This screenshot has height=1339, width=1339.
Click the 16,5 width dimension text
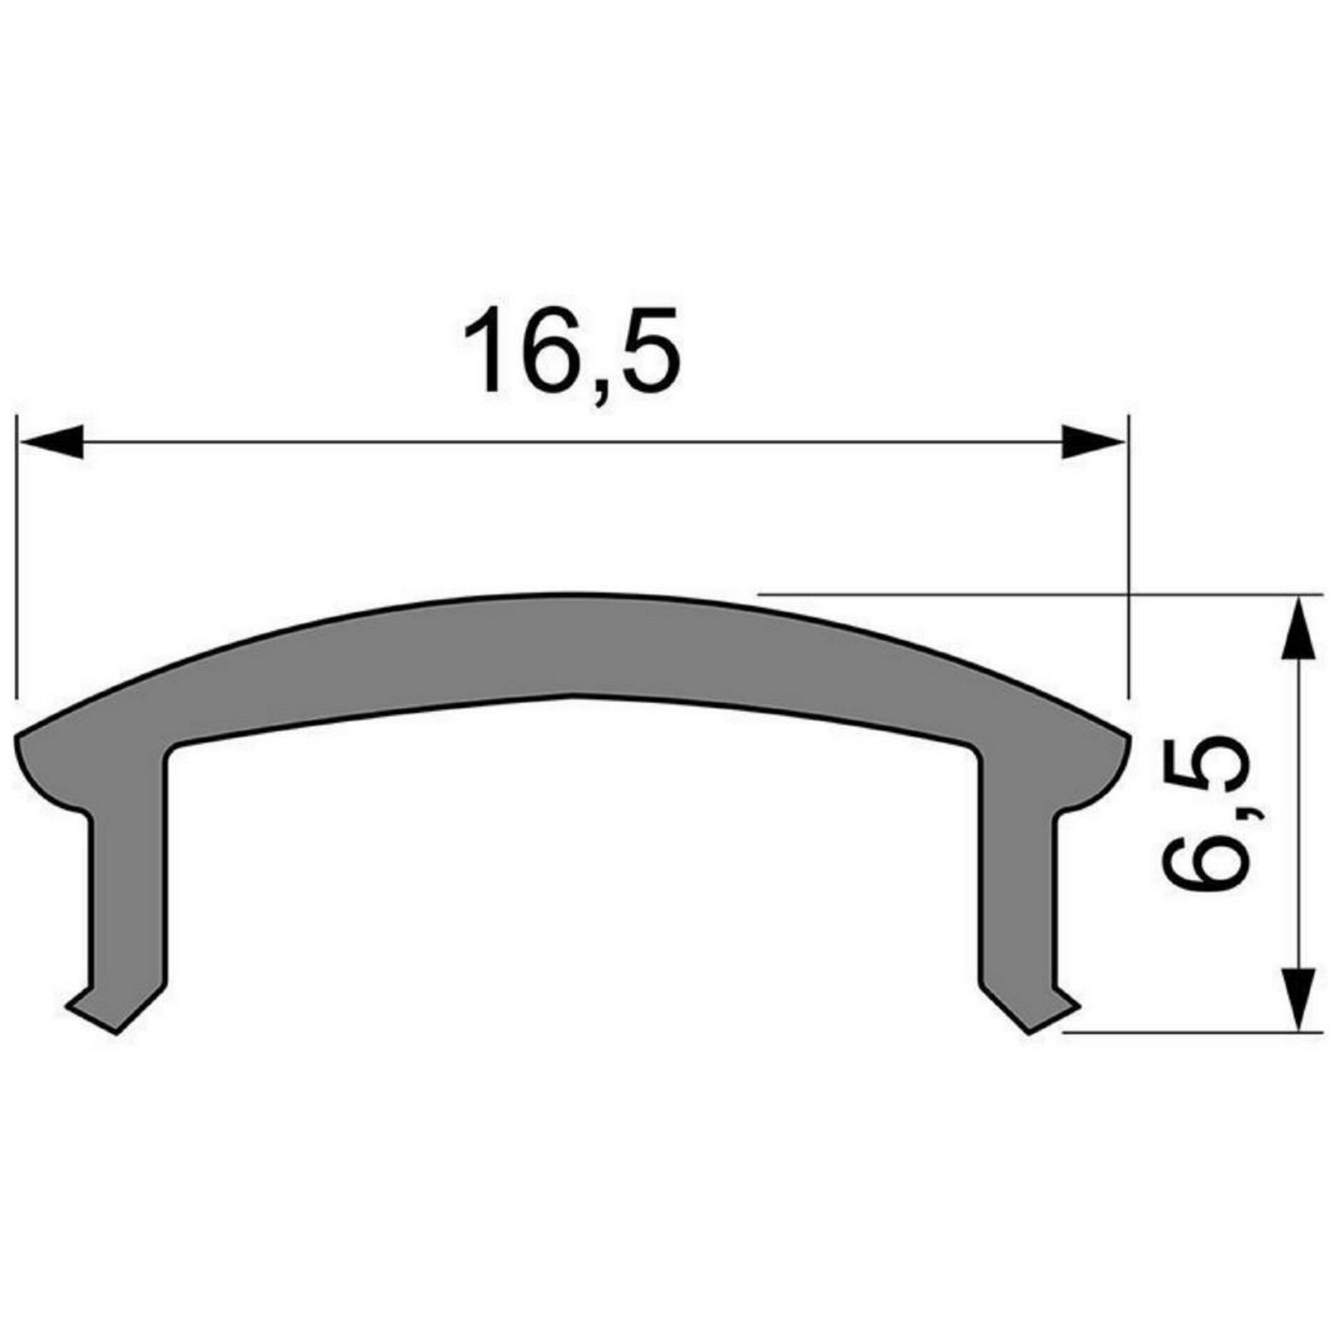pos(572,351)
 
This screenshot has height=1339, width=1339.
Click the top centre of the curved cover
pos(572,595)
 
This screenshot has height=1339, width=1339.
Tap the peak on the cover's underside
pos(572,695)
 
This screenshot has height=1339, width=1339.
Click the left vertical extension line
pos(15,558)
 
